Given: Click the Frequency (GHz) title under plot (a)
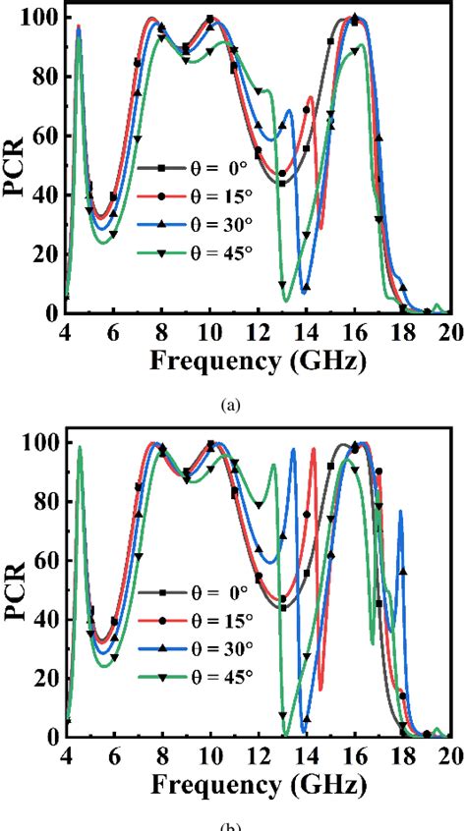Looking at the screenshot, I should (x=258, y=360).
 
